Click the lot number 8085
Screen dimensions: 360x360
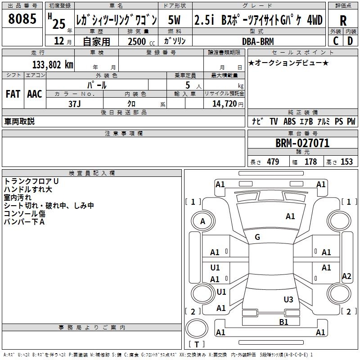click(x=22, y=19)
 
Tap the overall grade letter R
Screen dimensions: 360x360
click(x=343, y=20)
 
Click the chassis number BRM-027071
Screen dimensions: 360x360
click(x=302, y=143)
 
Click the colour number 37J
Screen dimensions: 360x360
click(x=74, y=103)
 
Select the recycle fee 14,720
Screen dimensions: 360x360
click(x=224, y=103)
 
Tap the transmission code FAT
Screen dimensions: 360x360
click(x=13, y=94)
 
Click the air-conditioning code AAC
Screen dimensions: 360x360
click(x=35, y=94)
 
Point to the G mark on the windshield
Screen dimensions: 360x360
click(x=257, y=237)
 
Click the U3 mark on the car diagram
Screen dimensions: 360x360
click(x=288, y=299)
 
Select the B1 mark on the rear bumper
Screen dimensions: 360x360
click(x=283, y=322)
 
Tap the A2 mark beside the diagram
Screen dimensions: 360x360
click(x=346, y=276)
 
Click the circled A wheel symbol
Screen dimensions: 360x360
click(x=202, y=221)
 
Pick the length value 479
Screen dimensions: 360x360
click(x=273, y=162)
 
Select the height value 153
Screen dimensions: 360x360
click(x=346, y=162)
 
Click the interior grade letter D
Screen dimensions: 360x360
click(x=350, y=41)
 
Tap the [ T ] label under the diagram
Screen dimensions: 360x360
click(x=197, y=345)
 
